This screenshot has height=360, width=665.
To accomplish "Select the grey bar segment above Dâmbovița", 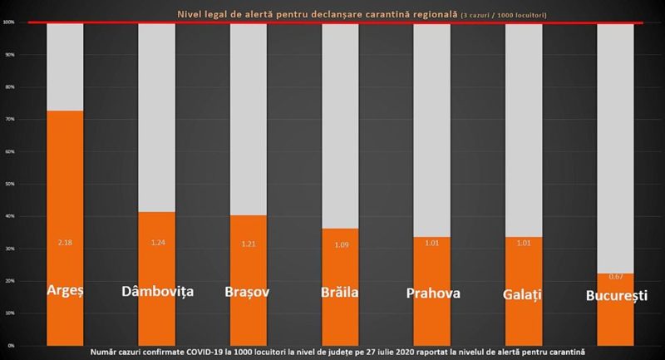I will click(x=156, y=116).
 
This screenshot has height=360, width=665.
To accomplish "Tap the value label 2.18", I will click(x=65, y=242).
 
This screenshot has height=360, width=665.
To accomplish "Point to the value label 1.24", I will click(x=156, y=242).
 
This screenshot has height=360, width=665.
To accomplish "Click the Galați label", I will click(x=523, y=293).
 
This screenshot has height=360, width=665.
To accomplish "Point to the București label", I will click(x=615, y=295).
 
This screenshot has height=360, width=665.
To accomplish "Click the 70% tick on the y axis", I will click(x=9, y=120).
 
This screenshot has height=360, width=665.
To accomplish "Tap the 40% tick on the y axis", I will click(x=9, y=217).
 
